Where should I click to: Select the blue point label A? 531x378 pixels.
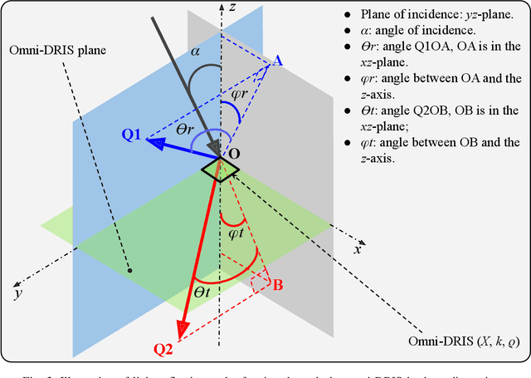point(277,61)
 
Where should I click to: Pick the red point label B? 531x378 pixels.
point(279,285)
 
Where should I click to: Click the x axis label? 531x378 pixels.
point(358,248)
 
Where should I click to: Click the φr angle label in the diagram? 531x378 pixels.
point(238,94)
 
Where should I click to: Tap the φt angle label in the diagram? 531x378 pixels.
point(236,234)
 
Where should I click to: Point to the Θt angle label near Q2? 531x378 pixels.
point(202,292)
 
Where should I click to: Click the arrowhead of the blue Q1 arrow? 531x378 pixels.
point(153,142)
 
